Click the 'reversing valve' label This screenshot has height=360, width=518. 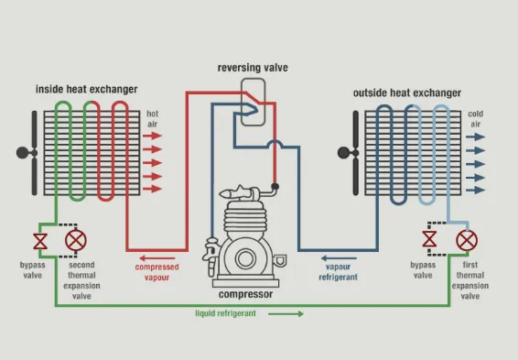click(253, 68)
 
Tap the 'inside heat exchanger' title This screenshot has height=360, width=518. click(87, 89)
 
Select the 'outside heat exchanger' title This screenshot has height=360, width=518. click(407, 93)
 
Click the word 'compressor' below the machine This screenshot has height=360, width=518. click(246, 294)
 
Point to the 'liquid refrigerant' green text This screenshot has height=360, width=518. click(226, 313)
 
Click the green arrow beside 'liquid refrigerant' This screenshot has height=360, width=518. click(286, 313)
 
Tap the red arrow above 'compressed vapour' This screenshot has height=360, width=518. click(157, 258)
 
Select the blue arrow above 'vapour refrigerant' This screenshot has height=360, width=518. click(339, 258)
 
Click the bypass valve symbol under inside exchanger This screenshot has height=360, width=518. click(40, 241)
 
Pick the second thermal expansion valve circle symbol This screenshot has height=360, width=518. click(76, 240)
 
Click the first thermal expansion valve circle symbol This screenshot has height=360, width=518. click(467, 240)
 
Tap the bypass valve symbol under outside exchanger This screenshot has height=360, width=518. click(429, 239)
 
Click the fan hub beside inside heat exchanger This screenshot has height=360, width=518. click(23, 153)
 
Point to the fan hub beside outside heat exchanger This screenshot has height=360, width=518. click(343, 153)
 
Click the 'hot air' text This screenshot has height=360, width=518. click(152, 119)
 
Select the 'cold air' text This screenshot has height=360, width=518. click(475, 119)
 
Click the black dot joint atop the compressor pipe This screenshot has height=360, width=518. click(275, 187)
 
